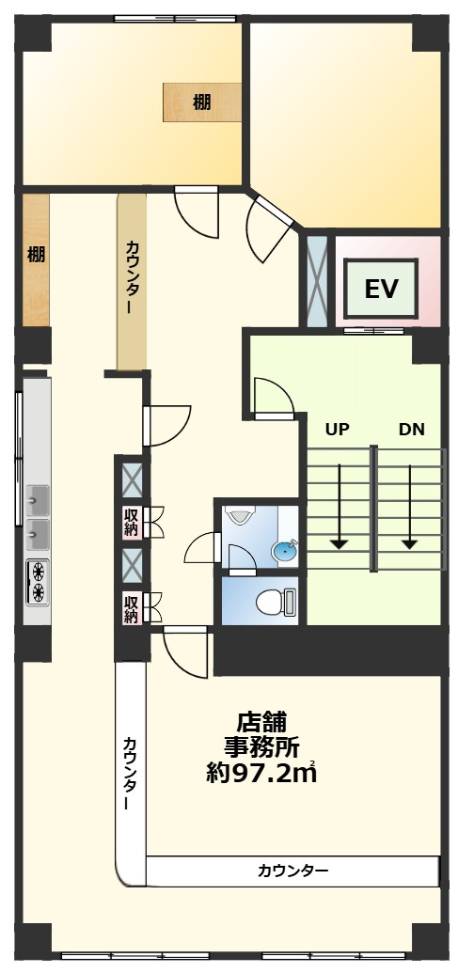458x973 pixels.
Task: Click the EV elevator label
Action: point(381,290)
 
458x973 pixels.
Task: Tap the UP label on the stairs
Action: point(337,429)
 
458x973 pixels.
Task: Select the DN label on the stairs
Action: point(412,429)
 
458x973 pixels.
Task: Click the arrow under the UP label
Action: point(339,506)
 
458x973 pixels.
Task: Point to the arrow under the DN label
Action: point(409,506)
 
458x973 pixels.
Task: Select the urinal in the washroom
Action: point(239,514)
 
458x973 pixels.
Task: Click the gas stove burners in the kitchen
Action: point(38,581)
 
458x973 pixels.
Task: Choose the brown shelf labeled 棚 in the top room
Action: point(202,102)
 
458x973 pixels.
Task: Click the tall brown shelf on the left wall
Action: point(36,259)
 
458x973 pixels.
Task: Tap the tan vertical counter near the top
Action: point(132,282)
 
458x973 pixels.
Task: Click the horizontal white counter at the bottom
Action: point(292,871)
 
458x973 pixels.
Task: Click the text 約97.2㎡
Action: point(261,773)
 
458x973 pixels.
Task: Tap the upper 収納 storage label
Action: point(131,522)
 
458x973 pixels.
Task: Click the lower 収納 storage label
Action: point(131,607)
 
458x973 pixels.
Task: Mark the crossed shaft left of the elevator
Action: point(317,280)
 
